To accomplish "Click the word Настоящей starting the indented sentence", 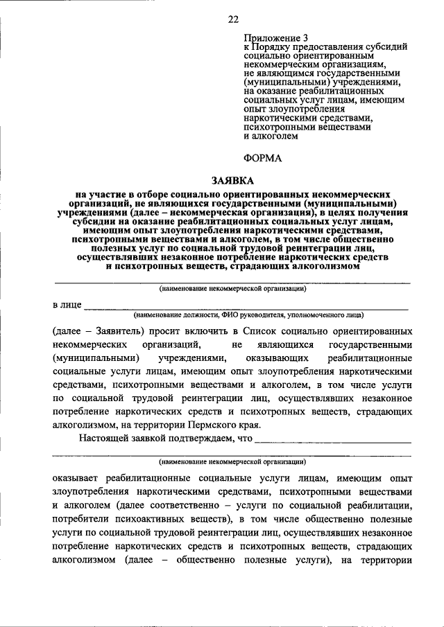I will (102, 439).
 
